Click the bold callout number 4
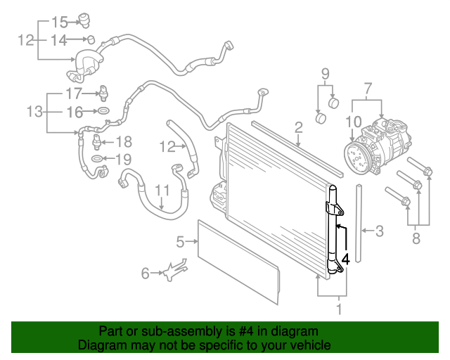(346, 259)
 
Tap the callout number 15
(60, 22)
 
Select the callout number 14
(59, 40)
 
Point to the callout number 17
(74, 94)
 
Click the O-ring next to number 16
(103, 110)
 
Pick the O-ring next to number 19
(97, 158)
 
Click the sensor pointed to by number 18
(96, 142)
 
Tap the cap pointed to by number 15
(84, 20)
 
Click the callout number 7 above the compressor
(368, 89)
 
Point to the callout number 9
(325, 74)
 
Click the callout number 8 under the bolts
(416, 238)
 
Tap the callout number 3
(380, 231)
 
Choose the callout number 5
(180, 242)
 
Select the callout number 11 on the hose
(162, 191)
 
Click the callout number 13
(34, 111)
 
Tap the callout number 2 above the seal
(298, 127)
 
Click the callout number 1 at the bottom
(339, 309)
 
